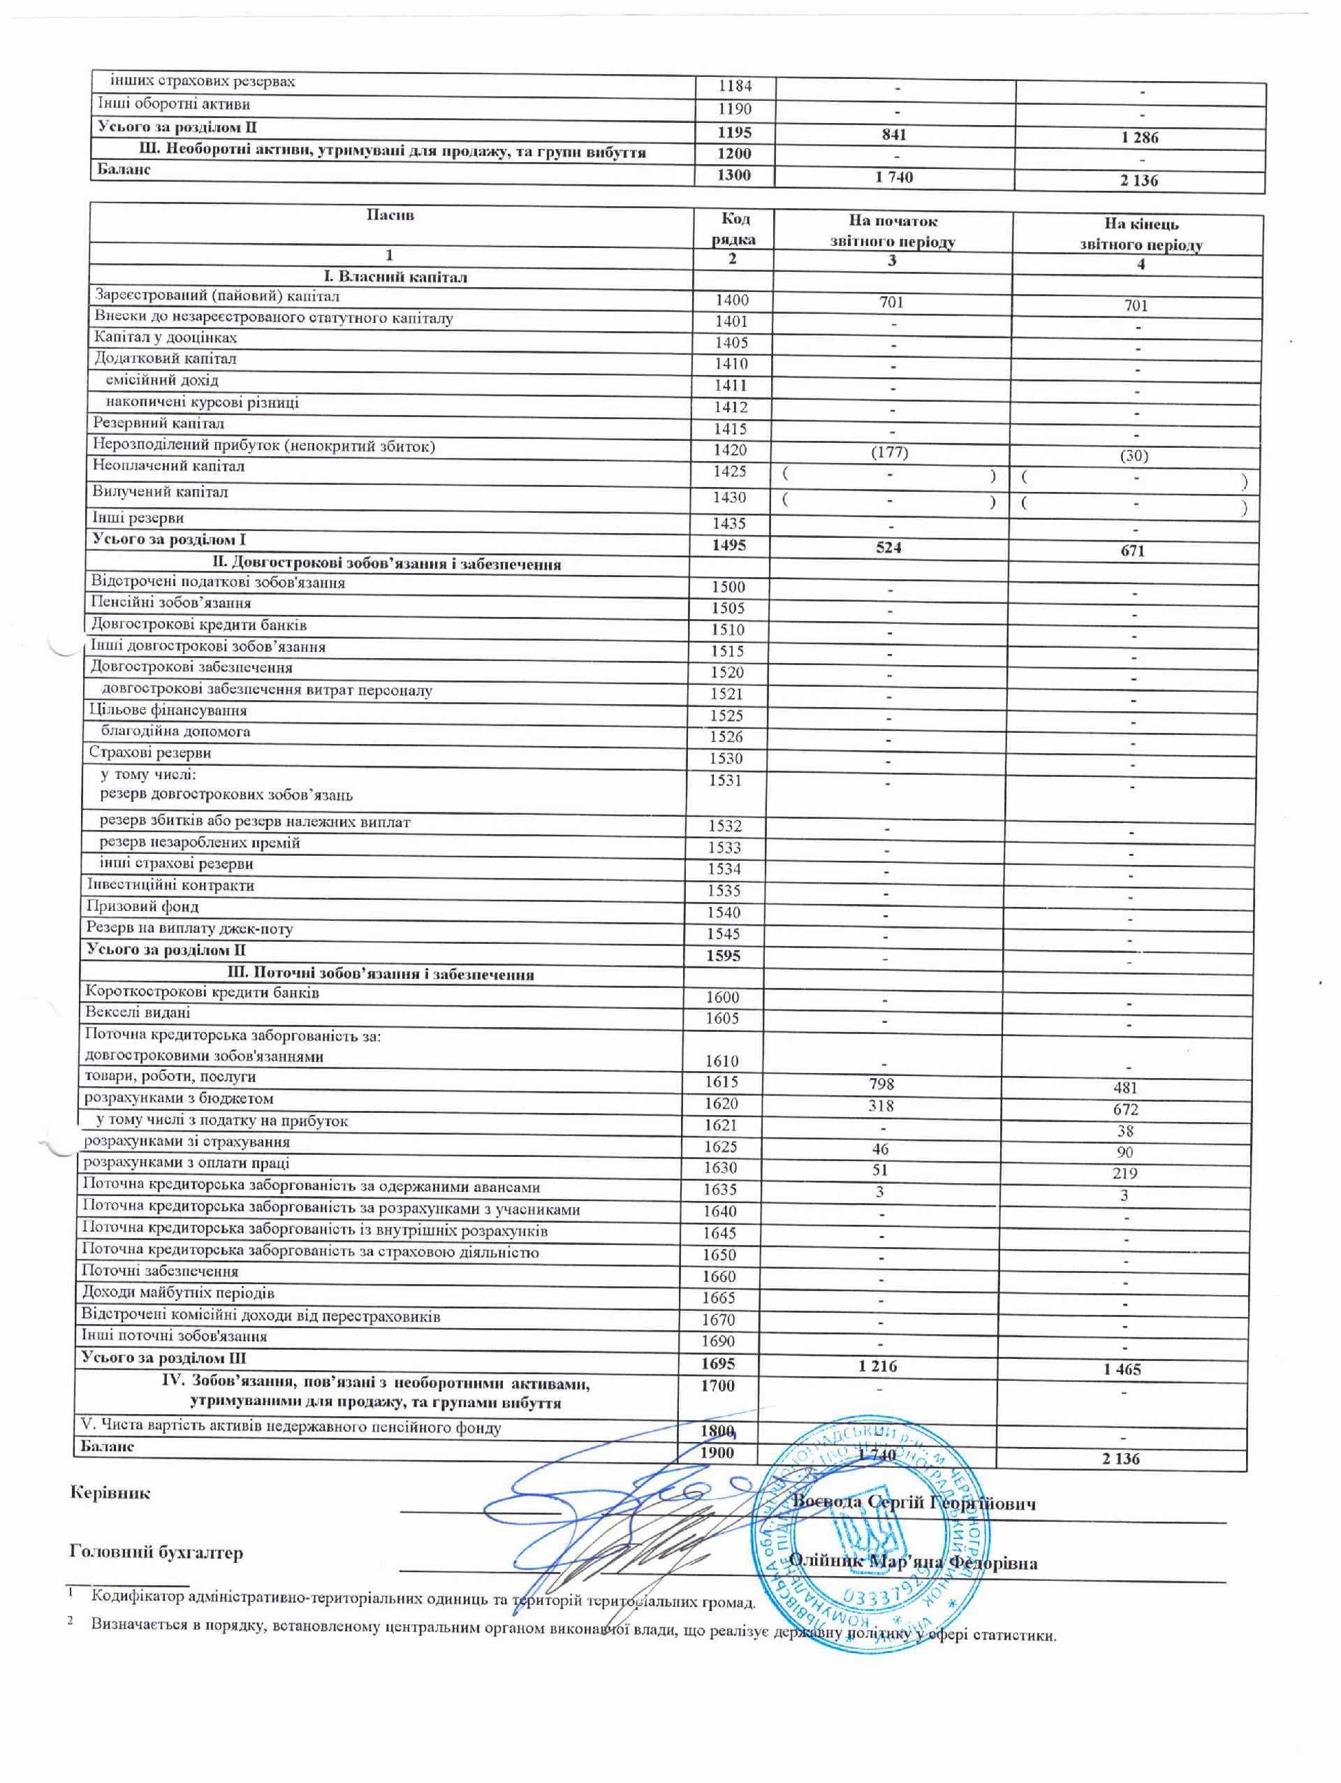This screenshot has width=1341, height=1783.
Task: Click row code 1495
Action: [x=728, y=546]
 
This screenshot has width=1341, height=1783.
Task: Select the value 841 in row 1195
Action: [x=894, y=135]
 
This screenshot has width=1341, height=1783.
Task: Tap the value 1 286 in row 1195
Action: [x=1138, y=137]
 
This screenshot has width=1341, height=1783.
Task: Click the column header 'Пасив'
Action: [x=390, y=215]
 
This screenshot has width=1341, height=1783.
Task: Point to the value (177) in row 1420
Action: [x=890, y=452]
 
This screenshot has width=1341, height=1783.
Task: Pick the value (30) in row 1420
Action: [x=1133, y=456]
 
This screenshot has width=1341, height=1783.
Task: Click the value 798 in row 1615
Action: [x=881, y=1084]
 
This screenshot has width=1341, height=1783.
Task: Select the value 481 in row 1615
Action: [x=1125, y=1087]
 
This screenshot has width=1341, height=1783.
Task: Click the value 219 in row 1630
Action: [x=1124, y=1174]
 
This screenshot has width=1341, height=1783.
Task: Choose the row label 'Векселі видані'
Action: [x=138, y=1012]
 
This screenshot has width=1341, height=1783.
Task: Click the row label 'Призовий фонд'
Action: [x=142, y=906]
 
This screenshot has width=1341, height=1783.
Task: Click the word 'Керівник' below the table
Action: [x=110, y=1493]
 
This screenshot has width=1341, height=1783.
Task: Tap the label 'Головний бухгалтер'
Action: [x=156, y=1552]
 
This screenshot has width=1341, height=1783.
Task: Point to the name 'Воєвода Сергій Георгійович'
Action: [x=914, y=1503]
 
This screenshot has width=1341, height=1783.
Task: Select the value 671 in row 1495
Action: [x=1132, y=551]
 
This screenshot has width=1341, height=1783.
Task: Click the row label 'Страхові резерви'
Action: [x=150, y=752]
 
